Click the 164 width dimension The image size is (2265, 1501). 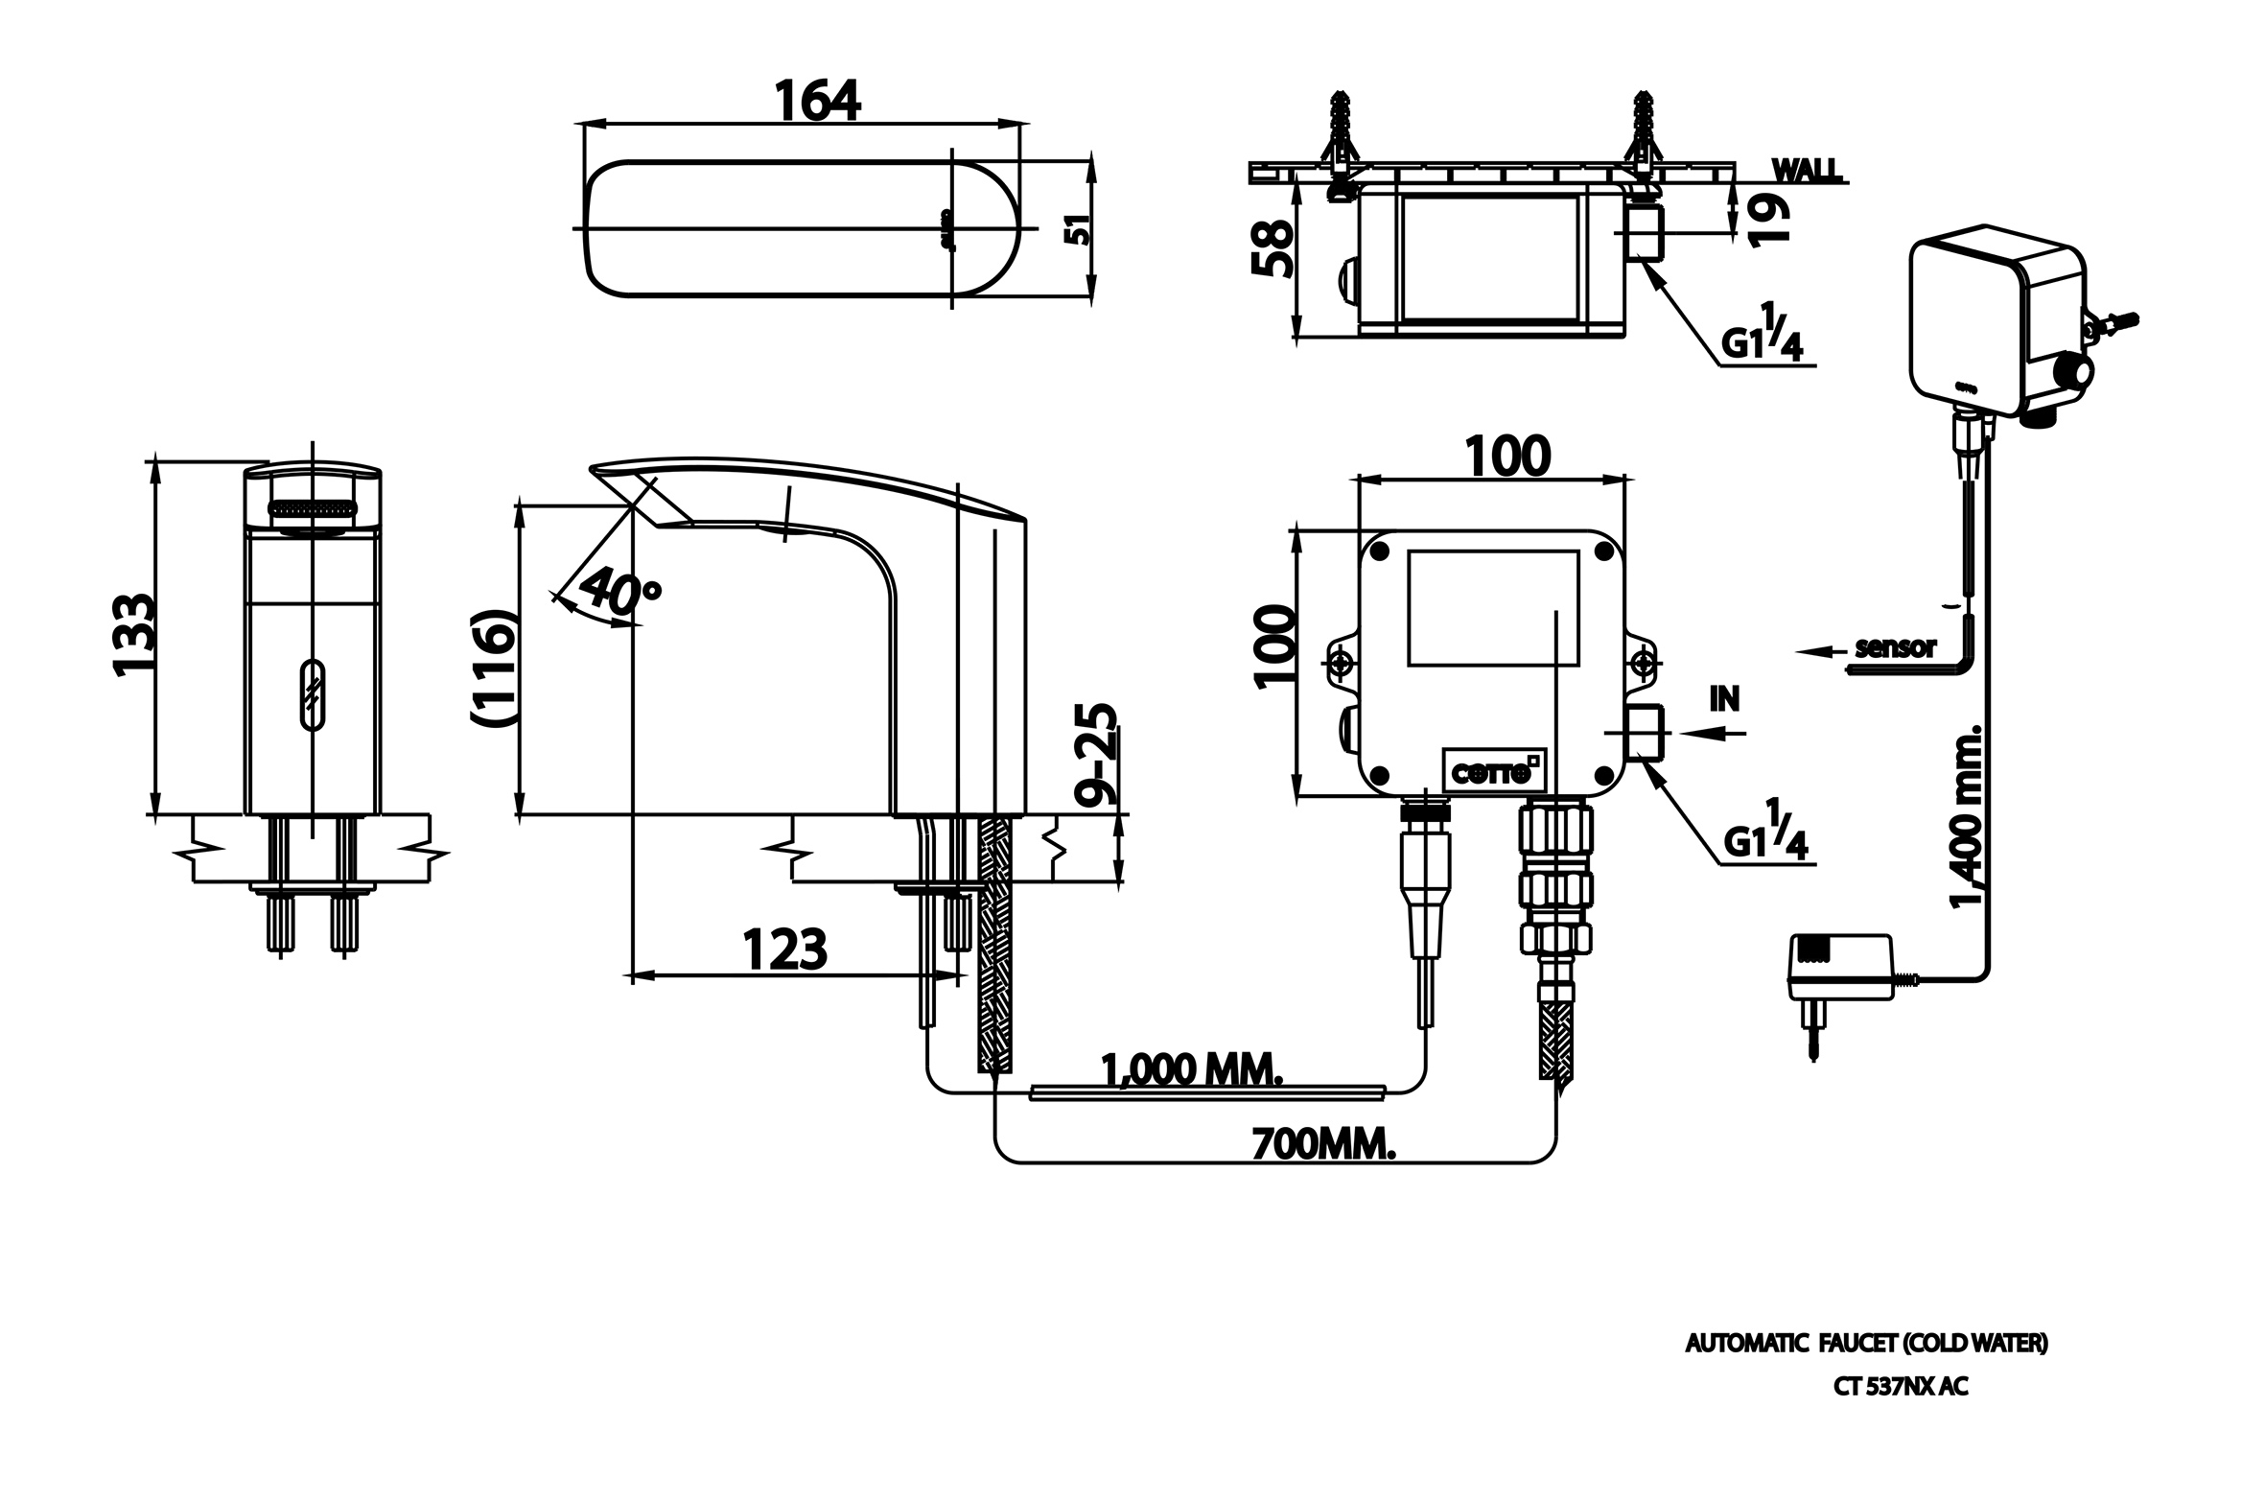coord(817,101)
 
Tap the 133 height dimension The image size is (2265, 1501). coord(134,636)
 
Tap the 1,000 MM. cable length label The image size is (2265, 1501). coord(1191,1069)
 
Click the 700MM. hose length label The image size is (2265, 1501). coord(1323,1143)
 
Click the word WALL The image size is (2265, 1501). coord(1807,171)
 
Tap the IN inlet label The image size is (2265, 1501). coord(1724,699)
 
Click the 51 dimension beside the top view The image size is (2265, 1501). coord(1080,230)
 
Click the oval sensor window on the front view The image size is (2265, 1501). coord(313,694)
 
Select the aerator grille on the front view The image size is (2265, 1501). coord(312,512)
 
